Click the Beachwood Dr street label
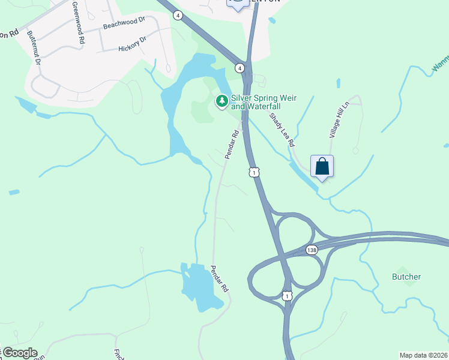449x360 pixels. pyautogui.click(x=124, y=23)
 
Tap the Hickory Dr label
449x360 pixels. pyautogui.click(x=133, y=44)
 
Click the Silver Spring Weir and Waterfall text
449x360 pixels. pyautogui.click(x=256, y=102)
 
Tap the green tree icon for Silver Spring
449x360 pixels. pyautogui.click(x=222, y=101)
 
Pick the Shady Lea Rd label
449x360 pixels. pyautogui.click(x=282, y=130)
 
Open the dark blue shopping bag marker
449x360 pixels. pyautogui.click(x=322, y=166)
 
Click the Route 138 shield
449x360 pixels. pyautogui.click(x=311, y=250)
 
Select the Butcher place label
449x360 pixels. pyautogui.click(x=406, y=277)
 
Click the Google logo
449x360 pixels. pyautogui.click(x=19, y=353)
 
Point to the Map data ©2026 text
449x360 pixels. pyautogui.click(x=424, y=355)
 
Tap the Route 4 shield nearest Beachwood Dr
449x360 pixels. pyautogui.click(x=178, y=15)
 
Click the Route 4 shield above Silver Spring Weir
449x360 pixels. pyautogui.click(x=240, y=68)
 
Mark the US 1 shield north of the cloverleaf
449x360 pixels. pyautogui.click(x=255, y=172)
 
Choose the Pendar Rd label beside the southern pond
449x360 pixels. pyautogui.click(x=220, y=279)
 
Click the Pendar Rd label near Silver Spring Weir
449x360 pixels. pyautogui.click(x=232, y=145)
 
